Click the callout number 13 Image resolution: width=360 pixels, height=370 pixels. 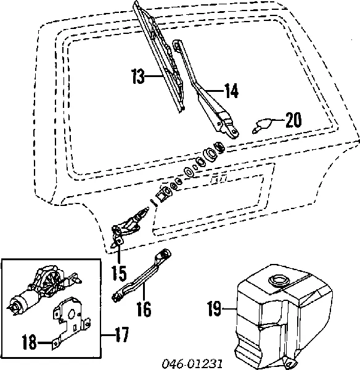pyautogui.click(x=139, y=78)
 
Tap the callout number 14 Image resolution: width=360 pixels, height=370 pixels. pyautogui.click(x=231, y=92)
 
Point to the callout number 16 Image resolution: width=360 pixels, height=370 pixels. pyautogui.click(x=143, y=308)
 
